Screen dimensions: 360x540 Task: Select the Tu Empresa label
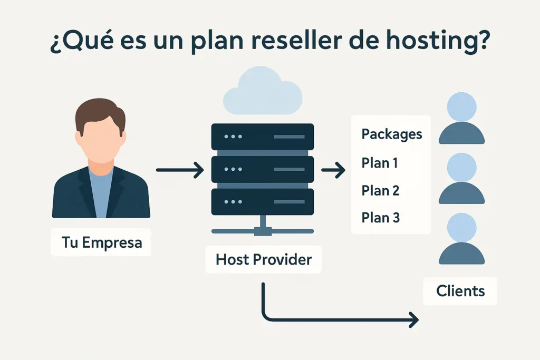[x=101, y=242]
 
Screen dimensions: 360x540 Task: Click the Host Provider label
[x=263, y=259]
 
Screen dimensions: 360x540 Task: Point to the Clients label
[x=460, y=290]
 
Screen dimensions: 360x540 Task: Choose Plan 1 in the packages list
[x=380, y=163]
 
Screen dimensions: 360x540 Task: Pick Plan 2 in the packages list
[x=380, y=190]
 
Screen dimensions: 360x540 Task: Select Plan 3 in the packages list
[x=380, y=217]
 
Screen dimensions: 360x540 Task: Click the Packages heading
[x=391, y=134]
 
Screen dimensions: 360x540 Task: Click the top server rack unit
[x=262, y=137]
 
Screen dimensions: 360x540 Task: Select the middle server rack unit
[x=262, y=169]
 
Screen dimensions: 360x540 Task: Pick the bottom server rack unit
[x=262, y=202]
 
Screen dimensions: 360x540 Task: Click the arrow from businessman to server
[x=180, y=170]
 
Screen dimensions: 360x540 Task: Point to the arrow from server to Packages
[x=333, y=170]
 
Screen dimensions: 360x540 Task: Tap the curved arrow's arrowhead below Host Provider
[x=412, y=319]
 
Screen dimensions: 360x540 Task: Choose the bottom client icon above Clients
[x=461, y=240]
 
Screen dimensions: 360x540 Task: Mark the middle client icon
[x=461, y=179]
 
